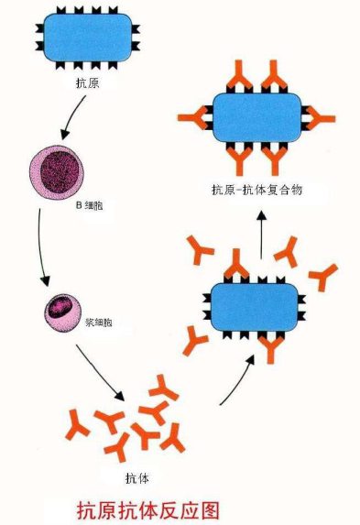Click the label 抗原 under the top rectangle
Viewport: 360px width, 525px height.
pyautogui.click(x=88, y=82)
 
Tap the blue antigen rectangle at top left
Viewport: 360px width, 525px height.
pyautogui.click(x=88, y=39)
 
